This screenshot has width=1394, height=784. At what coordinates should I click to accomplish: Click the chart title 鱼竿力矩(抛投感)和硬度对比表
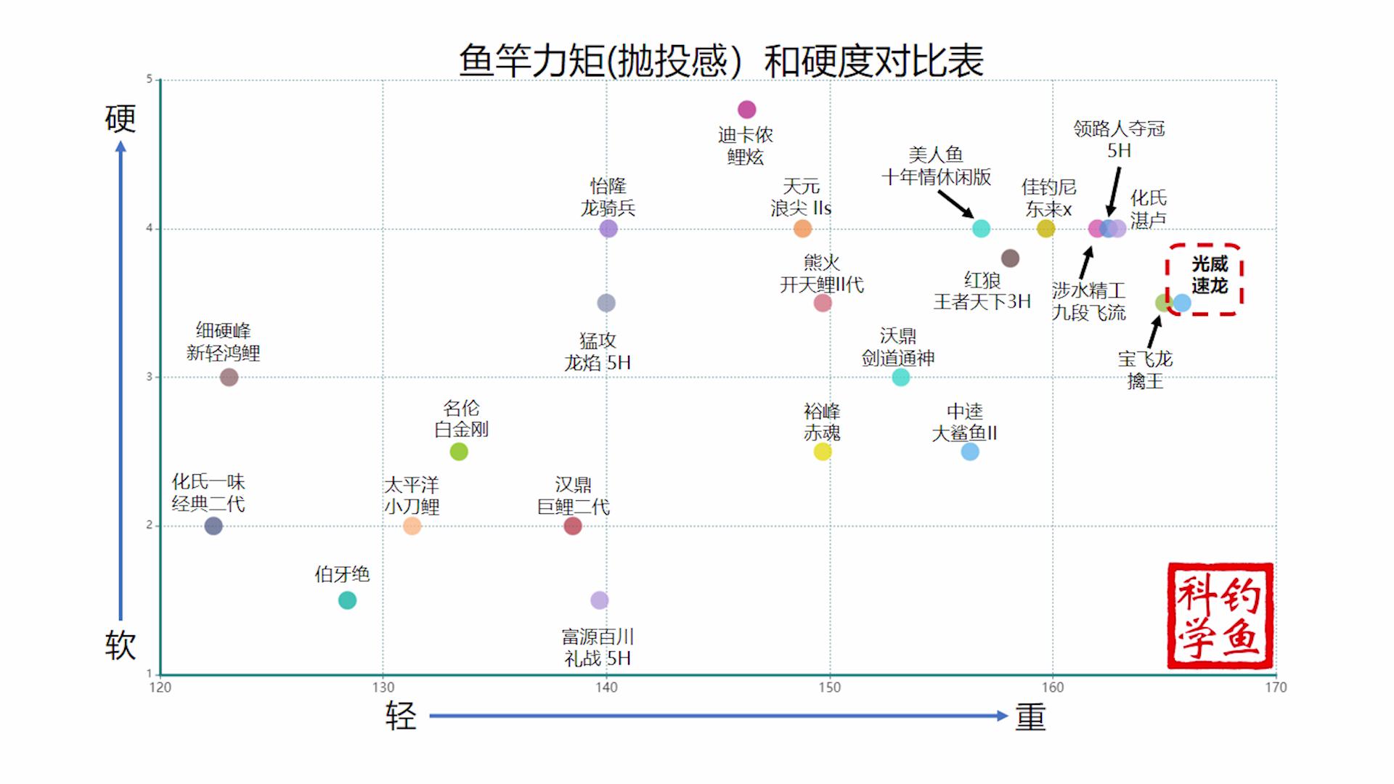click(x=721, y=61)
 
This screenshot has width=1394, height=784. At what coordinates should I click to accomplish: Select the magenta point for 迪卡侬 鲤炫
click(x=746, y=110)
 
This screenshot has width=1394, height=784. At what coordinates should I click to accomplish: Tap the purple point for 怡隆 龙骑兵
click(x=608, y=229)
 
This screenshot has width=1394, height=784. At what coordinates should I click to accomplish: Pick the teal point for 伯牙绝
click(x=347, y=600)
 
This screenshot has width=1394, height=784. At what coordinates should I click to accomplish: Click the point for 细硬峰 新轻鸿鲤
click(x=229, y=377)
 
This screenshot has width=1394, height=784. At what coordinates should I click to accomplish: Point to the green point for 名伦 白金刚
click(x=459, y=452)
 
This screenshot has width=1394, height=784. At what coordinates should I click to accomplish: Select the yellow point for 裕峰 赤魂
click(x=822, y=452)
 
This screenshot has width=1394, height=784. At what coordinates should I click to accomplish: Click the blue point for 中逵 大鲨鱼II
click(x=970, y=452)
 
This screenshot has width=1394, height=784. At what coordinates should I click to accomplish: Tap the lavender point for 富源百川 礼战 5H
click(x=599, y=600)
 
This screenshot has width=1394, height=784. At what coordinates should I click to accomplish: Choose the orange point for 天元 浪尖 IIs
click(x=802, y=229)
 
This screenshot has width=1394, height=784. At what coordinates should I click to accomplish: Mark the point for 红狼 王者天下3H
click(x=1010, y=258)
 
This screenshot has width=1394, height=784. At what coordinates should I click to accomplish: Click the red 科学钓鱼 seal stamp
click(x=1220, y=616)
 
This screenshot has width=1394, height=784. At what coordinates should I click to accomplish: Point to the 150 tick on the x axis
click(x=829, y=687)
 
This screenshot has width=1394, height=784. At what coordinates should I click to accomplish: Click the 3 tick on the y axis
click(x=150, y=377)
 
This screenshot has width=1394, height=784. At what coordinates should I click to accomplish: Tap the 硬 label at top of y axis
click(x=121, y=119)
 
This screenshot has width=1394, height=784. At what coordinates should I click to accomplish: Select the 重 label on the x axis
click(x=1030, y=717)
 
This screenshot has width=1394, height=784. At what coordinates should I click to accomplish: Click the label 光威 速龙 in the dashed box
click(x=1209, y=274)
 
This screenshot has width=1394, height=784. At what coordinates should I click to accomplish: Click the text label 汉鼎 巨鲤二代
click(x=573, y=496)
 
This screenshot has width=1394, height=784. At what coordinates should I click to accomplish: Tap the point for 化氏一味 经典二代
click(x=213, y=526)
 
